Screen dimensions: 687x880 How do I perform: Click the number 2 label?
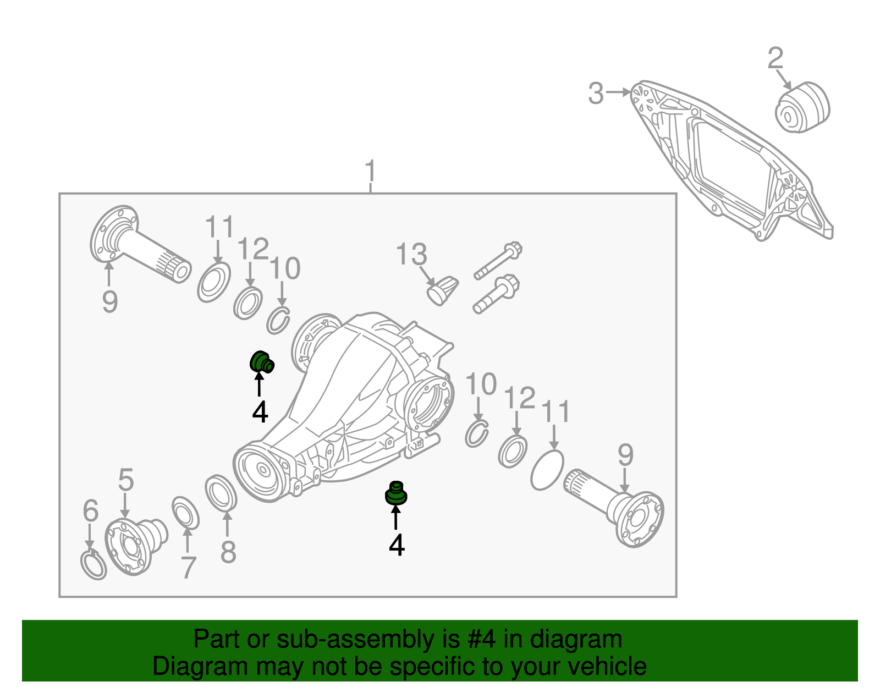point(776,58)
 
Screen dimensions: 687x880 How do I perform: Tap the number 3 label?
point(596,94)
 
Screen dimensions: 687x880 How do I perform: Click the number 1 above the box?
point(371,172)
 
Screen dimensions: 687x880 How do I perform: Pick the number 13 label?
point(411,255)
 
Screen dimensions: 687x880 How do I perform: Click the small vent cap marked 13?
point(443,290)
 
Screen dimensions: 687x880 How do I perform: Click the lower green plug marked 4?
point(395,493)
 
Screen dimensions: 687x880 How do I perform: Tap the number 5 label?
point(126,480)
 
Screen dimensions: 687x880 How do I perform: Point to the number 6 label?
point(91,511)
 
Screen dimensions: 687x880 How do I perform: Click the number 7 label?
point(188,568)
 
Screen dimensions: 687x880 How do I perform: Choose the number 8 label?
point(228,552)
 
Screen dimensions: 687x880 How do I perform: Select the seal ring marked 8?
point(221,493)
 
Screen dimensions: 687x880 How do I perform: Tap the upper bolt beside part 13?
point(498,261)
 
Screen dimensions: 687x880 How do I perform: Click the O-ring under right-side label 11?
point(547,470)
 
